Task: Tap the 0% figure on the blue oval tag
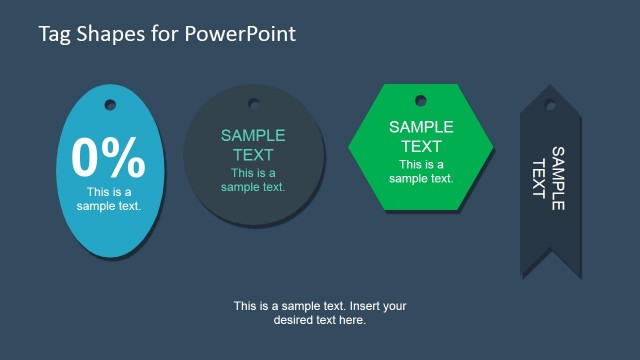(x=108, y=157)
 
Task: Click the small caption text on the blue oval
(x=108, y=199)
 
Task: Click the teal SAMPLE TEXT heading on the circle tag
(x=253, y=145)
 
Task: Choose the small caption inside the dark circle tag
(x=253, y=179)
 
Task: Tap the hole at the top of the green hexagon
(x=420, y=100)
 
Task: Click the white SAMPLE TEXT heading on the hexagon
(x=421, y=135)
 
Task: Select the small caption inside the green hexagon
(x=421, y=171)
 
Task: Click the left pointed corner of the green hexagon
(x=350, y=147)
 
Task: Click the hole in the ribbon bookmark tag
(x=550, y=104)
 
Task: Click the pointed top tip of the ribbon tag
(x=550, y=87)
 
